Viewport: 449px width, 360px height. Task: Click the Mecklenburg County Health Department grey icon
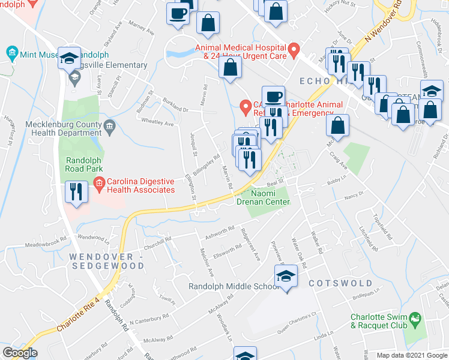coord(109,125)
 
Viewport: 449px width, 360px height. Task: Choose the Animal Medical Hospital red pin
coord(294,50)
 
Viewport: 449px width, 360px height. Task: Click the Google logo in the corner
coord(20,353)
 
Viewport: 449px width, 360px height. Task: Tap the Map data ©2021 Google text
coord(412,355)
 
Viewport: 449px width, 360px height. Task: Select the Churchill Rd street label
coord(156,245)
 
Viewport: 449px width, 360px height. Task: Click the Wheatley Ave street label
coord(157,124)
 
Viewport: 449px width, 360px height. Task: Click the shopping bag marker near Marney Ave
coord(208,24)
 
